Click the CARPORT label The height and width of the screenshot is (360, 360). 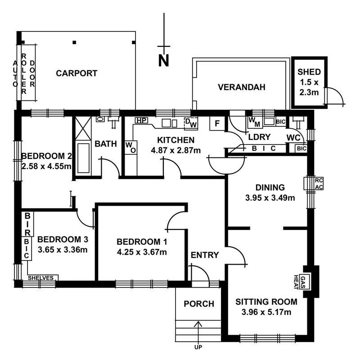[x=76, y=73]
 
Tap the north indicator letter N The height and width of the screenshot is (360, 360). [x=164, y=60]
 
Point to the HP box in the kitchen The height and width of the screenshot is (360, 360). [x=141, y=121]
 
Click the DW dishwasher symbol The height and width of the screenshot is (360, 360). [x=191, y=122]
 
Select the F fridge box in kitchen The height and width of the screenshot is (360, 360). [x=217, y=123]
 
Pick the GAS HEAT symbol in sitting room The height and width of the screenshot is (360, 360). [x=305, y=282]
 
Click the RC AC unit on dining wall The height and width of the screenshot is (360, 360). [x=319, y=184]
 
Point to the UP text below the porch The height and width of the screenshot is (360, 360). [x=198, y=347]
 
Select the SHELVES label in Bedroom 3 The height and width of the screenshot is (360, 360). [x=41, y=278]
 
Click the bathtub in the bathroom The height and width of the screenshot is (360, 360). [x=84, y=157]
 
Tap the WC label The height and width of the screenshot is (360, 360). [x=293, y=137]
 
